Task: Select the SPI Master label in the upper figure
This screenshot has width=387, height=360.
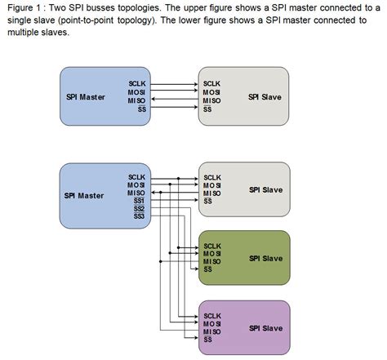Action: [x=84, y=97]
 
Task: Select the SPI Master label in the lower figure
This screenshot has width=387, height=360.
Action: [x=84, y=195]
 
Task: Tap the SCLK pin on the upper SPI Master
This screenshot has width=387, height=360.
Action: [x=137, y=83]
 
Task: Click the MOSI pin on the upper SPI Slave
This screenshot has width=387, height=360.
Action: [x=211, y=92]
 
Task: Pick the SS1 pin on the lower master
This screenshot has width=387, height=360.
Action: [x=139, y=200]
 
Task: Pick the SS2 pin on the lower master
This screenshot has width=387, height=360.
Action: [x=139, y=208]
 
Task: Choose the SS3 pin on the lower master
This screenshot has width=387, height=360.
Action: [x=139, y=216]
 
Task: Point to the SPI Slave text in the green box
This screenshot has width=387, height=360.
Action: [x=265, y=258]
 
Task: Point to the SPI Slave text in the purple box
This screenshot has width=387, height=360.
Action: [x=265, y=327]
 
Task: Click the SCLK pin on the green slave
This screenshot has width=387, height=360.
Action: [x=212, y=246]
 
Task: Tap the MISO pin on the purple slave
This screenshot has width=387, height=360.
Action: [x=212, y=331]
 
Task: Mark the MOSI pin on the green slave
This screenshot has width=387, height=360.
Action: [x=212, y=254]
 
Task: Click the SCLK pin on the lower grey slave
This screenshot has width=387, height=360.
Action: [x=212, y=176]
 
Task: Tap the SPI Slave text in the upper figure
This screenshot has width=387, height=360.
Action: [x=265, y=97]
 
